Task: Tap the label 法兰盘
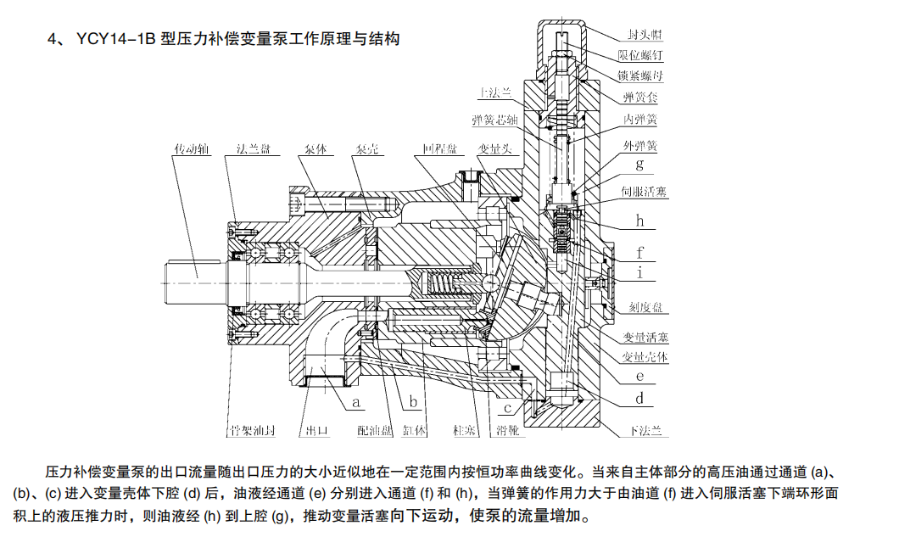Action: click(253, 148)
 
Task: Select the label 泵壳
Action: click(366, 148)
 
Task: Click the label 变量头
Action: click(493, 148)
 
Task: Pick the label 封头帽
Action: click(645, 35)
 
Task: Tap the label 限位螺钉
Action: click(645, 55)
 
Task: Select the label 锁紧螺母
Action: click(645, 75)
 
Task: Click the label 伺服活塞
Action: click(645, 193)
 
